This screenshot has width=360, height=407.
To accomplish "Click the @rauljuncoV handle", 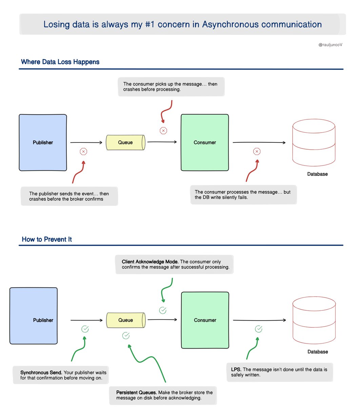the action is (x=330, y=44).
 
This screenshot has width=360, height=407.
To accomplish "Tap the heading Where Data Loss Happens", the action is (x=60, y=62).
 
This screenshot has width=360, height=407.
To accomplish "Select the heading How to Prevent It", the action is (x=46, y=239).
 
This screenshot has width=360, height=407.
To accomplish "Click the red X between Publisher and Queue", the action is (x=83, y=152).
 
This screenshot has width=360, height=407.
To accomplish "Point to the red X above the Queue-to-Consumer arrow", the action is (x=163, y=131).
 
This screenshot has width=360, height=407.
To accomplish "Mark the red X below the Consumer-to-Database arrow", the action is (x=257, y=151).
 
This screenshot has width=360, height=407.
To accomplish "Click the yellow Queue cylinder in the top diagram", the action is (x=125, y=142).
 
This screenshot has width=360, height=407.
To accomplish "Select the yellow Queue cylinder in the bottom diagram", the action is (x=126, y=320).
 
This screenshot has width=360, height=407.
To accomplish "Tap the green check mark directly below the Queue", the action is (x=126, y=335).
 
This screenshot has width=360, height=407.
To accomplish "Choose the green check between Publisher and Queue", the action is (x=85, y=329).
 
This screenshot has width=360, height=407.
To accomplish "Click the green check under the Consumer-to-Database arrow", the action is (x=258, y=329).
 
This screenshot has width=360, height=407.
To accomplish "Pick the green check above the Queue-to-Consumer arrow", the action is (x=163, y=310).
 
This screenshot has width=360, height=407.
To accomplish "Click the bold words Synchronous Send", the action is (x=41, y=372).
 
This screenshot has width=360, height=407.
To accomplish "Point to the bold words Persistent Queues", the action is (x=136, y=392).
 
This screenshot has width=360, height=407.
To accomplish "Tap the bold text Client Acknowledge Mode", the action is (x=150, y=261).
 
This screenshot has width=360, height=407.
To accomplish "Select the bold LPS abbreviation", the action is (x=236, y=369).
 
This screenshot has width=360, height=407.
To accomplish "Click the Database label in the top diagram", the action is (x=317, y=174).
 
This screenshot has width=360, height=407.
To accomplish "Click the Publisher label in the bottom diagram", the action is (x=43, y=320).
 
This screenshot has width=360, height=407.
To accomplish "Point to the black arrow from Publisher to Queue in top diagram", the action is (x=86, y=142).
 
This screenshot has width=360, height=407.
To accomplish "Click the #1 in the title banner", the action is (x=149, y=24).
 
